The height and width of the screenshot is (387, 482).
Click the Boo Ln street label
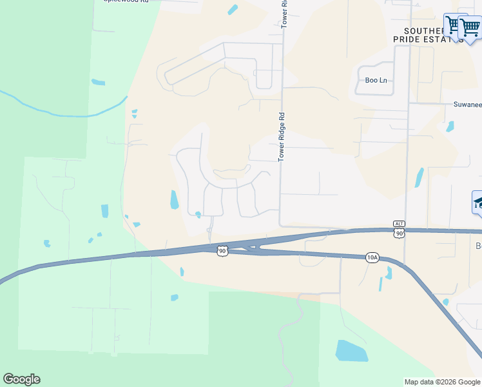[x=376, y=80]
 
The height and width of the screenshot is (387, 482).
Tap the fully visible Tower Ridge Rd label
[x=282, y=137]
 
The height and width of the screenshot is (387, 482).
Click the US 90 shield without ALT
[x=222, y=250]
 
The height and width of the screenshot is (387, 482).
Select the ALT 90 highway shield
[x=400, y=230]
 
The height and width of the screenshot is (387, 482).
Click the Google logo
[x=22, y=379]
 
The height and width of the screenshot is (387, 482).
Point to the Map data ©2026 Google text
[x=442, y=382]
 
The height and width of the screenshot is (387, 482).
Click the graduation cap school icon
[x=478, y=203]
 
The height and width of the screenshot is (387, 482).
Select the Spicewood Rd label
[x=126, y=2]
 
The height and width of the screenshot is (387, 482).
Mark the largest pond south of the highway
[x=351, y=351]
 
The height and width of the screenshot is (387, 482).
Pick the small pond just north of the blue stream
[x=98, y=83]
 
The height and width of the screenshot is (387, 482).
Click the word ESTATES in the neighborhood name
[x=447, y=39]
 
